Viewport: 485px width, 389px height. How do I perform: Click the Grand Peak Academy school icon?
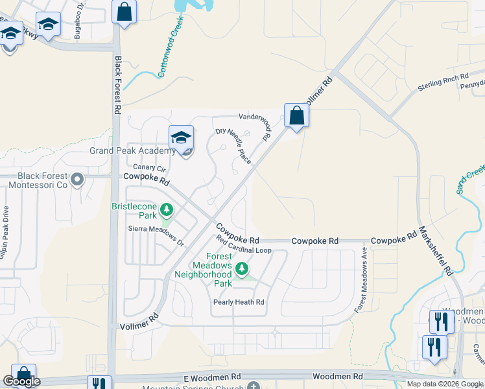182,137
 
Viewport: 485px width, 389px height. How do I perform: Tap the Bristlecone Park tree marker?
167,209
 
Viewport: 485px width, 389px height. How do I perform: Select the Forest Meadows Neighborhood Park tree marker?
242,268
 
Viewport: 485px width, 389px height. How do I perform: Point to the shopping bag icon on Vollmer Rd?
296,116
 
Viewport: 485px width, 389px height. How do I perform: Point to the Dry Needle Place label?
233,146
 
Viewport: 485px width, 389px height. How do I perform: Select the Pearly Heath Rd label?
239,302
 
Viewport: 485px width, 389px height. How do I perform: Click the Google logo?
21,381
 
